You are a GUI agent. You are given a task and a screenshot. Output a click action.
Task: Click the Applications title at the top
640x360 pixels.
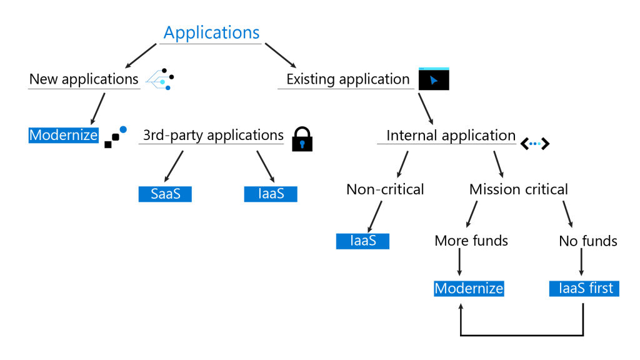[211, 32]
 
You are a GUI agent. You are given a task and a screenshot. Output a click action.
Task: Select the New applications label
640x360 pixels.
[84, 79]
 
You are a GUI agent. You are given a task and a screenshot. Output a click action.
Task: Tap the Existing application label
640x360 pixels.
[347, 79]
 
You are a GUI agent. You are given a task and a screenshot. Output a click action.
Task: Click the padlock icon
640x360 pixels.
[302, 139]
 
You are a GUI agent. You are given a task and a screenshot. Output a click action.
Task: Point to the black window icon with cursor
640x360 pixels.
[434, 79]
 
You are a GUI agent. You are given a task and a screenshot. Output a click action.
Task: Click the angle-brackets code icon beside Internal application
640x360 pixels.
[535, 144]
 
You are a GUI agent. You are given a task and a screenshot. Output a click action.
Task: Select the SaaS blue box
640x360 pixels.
[165, 194]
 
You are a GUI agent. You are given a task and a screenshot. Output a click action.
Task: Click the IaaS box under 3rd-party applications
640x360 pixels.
[271, 194]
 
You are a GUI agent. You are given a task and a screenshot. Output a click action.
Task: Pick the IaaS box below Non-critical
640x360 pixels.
[362, 241]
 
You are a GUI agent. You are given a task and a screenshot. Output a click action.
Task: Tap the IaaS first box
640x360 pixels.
[584, 288]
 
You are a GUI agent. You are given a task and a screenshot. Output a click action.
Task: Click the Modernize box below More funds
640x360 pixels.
[469, 288]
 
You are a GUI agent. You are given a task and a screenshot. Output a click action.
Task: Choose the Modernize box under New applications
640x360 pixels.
[64, 135]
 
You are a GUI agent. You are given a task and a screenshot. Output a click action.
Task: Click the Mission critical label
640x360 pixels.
[519, 189]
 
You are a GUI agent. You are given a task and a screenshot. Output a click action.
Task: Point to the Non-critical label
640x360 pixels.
[385, 189]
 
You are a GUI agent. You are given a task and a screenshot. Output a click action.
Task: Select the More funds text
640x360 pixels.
[471, 241]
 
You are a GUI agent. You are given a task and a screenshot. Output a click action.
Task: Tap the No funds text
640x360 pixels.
[588, 241]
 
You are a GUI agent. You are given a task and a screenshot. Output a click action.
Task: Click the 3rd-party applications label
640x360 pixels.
[213, 135]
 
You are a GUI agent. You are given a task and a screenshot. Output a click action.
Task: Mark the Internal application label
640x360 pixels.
[451, 135]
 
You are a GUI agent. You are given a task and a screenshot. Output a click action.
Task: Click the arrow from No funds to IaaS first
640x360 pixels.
[582, 264]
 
